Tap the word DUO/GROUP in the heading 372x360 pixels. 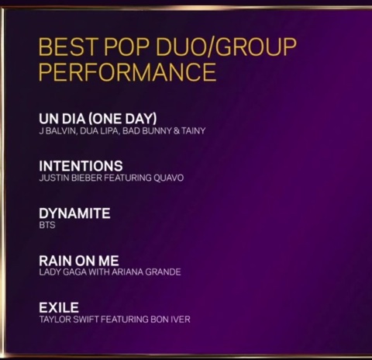[226, 47]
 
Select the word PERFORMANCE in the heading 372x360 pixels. [127, 73]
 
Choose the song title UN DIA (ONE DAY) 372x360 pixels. [98, 119]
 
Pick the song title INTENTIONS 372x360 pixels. [81, 166]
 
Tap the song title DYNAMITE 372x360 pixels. [74, 213]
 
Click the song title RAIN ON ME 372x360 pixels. [79, 261]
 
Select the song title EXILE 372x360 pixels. [59, 308]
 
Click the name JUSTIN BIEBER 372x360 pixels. [68, 178]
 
